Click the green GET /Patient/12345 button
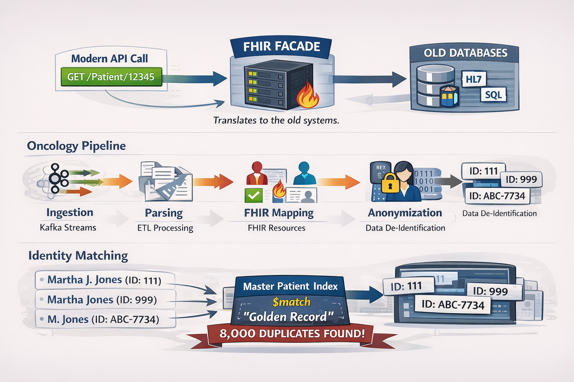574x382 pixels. click(x=111, y=77)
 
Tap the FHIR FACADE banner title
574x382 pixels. click(x=281, y=47)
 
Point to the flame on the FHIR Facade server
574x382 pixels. click(x=307, y=96)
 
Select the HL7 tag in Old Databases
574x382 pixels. click(x=473, y=79)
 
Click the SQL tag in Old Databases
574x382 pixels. click(x=493, y=95)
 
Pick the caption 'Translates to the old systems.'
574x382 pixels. click(x=276, y=120)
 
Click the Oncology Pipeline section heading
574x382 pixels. click(x=76, y=146)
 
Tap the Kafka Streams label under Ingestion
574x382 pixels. click(x=68, y=228)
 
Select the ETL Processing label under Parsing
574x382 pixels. click(x=165, y=228)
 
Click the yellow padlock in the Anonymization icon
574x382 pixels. click(x=391, y=183)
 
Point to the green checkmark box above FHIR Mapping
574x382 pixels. click(x=254, y=195)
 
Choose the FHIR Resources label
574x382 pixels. click(x=277, y=228)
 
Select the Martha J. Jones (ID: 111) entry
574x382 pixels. click(x=105, y=280)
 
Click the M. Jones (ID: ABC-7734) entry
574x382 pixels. click(x=104, y=319)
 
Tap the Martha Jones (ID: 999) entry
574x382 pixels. click(x=102, y=300)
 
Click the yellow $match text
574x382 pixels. click(x=291, y=301)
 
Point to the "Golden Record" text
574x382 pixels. click(x=288, y=317)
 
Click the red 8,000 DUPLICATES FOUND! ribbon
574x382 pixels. click(x=291, y=333)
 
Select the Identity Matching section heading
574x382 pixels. click(x=78, y=256)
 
